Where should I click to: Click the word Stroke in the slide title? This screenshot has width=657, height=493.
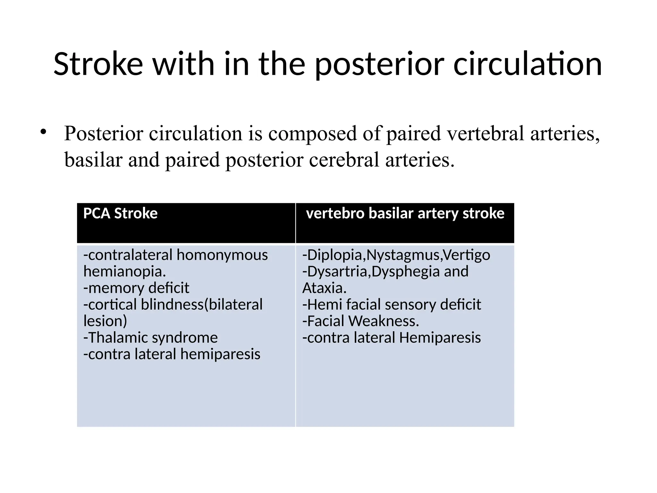tap(98, 64)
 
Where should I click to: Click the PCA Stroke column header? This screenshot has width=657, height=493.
tap(120, 213)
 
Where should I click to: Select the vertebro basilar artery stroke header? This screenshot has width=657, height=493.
tap(405, 213)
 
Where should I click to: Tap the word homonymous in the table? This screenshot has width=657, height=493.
tap(222, 255)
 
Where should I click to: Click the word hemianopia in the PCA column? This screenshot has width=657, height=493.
tap(124, 272)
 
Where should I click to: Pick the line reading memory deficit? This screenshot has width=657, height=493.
tap(136, 288)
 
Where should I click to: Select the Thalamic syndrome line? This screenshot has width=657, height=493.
tap(150, 338)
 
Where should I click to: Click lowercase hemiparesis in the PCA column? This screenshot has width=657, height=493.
tap(220, 354)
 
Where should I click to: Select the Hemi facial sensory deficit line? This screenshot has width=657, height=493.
tap(392, 304)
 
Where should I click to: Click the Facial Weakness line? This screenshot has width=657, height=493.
tap(361, 321)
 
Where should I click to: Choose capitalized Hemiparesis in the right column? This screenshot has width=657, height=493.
tap(440, 338)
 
